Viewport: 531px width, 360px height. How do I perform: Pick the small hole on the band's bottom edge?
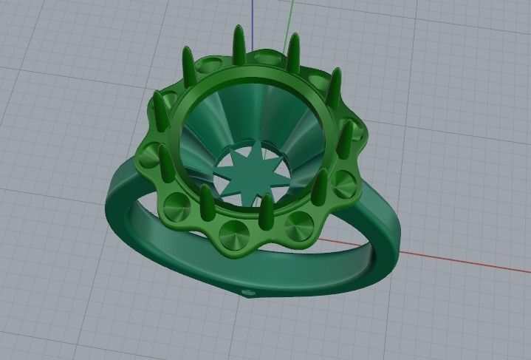pos(248,293)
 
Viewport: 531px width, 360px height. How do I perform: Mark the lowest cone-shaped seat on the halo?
pos(235,232)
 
